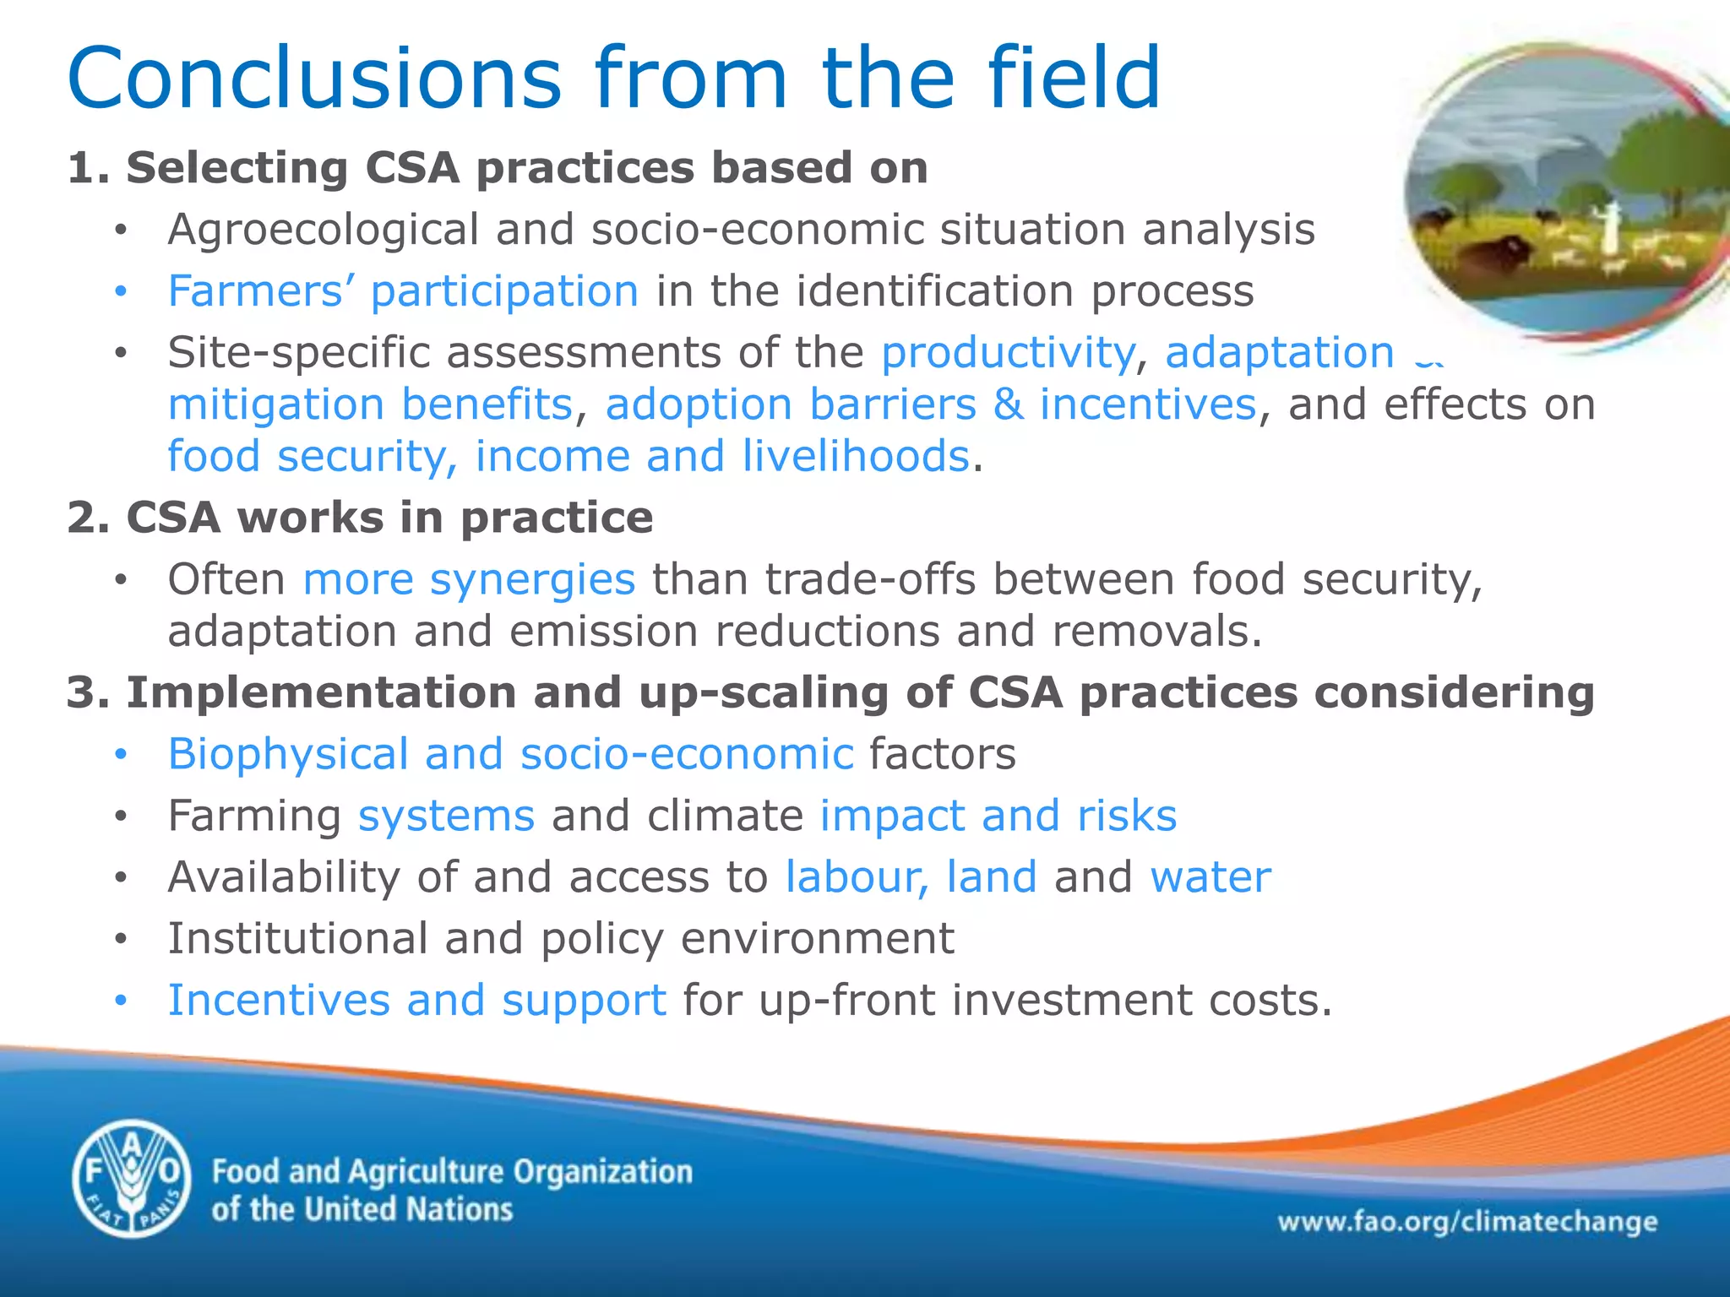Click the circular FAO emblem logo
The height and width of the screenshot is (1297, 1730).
[x=132, y=1179]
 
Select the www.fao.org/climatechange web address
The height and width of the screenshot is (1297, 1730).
[x=1466, y=1222]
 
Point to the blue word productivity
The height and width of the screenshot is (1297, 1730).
[x=1008, y=353]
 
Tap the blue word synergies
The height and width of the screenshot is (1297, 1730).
[x=532, y=580]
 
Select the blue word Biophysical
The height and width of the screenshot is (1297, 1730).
[x=288, y=754]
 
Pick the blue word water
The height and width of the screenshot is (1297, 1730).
[x=1210, y=876]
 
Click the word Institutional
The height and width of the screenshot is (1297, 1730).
[x=297, y=939]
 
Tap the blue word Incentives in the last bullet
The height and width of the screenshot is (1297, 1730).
[x=279, y=1001]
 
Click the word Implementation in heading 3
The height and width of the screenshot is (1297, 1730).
[x=321, y=692]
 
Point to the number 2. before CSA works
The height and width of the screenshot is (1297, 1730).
[x=88, y=518]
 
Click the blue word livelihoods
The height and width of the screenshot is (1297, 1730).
[x=855, y=457]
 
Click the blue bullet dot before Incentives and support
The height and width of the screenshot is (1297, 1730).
[x=121, y=1001]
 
